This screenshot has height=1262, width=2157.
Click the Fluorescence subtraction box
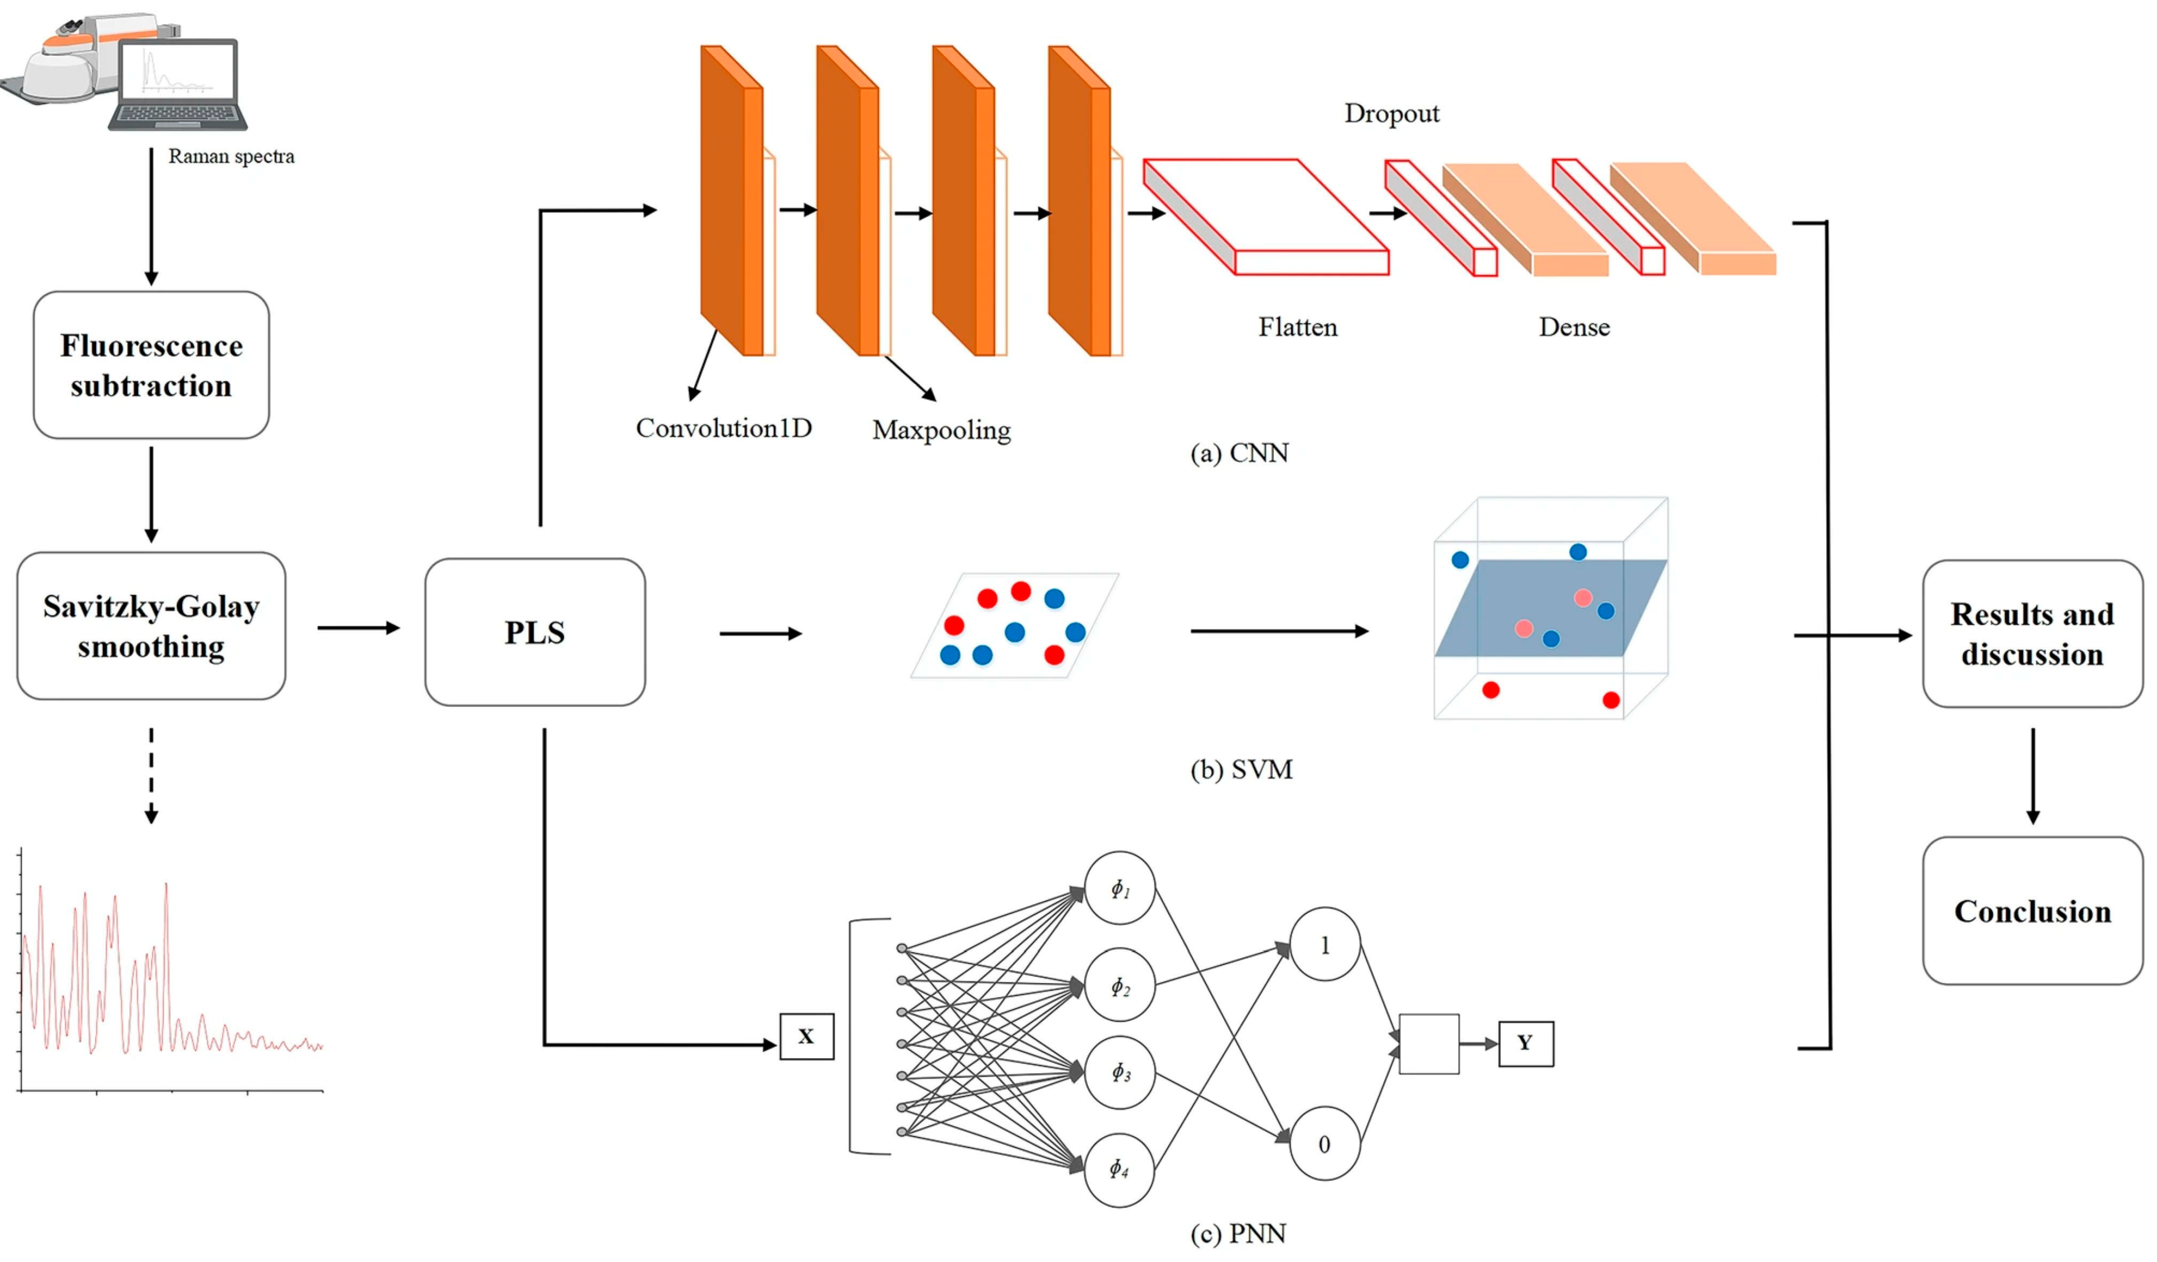pos(151,366)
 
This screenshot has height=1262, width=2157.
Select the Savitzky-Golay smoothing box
pos(151,626)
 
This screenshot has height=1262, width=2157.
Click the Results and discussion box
pos(2032,634)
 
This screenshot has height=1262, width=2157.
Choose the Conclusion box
pos(2032,911)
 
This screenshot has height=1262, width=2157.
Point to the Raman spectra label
pos(231,157)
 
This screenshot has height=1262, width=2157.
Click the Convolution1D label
pos(723,428)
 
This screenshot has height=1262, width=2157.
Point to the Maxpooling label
pos(942,430)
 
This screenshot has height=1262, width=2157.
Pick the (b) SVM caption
pos(1241,770)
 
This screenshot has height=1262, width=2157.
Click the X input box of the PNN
pos(807,1037)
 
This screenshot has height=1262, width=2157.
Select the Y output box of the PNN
pos(1526,1043)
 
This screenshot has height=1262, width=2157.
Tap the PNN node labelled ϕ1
pos(1120,888)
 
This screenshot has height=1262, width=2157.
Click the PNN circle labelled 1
pos(1324,945)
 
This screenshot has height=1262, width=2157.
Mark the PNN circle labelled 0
pos(1324,1144)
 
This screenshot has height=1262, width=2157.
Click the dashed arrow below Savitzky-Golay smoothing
pos(151,775)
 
